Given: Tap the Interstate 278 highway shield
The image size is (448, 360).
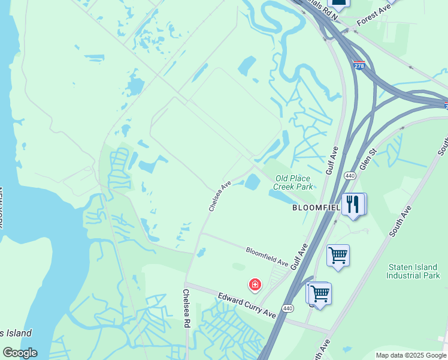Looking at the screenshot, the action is point(359,65).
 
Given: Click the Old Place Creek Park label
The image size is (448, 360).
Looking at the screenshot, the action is point(293,182).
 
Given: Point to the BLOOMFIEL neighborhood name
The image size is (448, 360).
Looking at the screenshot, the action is point(316,208).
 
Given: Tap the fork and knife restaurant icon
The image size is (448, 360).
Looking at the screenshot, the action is point(354,205).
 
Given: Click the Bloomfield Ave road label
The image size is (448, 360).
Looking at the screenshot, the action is point(267,256).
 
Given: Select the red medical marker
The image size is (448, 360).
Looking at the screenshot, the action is point(255,284).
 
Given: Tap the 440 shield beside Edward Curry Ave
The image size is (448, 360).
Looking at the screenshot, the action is point(288,308).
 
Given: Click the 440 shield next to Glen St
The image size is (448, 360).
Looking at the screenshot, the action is point(350,176).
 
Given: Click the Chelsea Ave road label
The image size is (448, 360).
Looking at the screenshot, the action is point(220,196).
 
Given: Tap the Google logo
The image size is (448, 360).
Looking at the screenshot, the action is point(20,352).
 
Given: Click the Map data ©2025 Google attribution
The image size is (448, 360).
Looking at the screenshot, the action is point(411,355).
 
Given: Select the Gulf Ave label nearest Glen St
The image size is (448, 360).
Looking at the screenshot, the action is point(332,161).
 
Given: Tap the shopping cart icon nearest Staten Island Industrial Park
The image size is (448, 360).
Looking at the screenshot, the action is point(338,256).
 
